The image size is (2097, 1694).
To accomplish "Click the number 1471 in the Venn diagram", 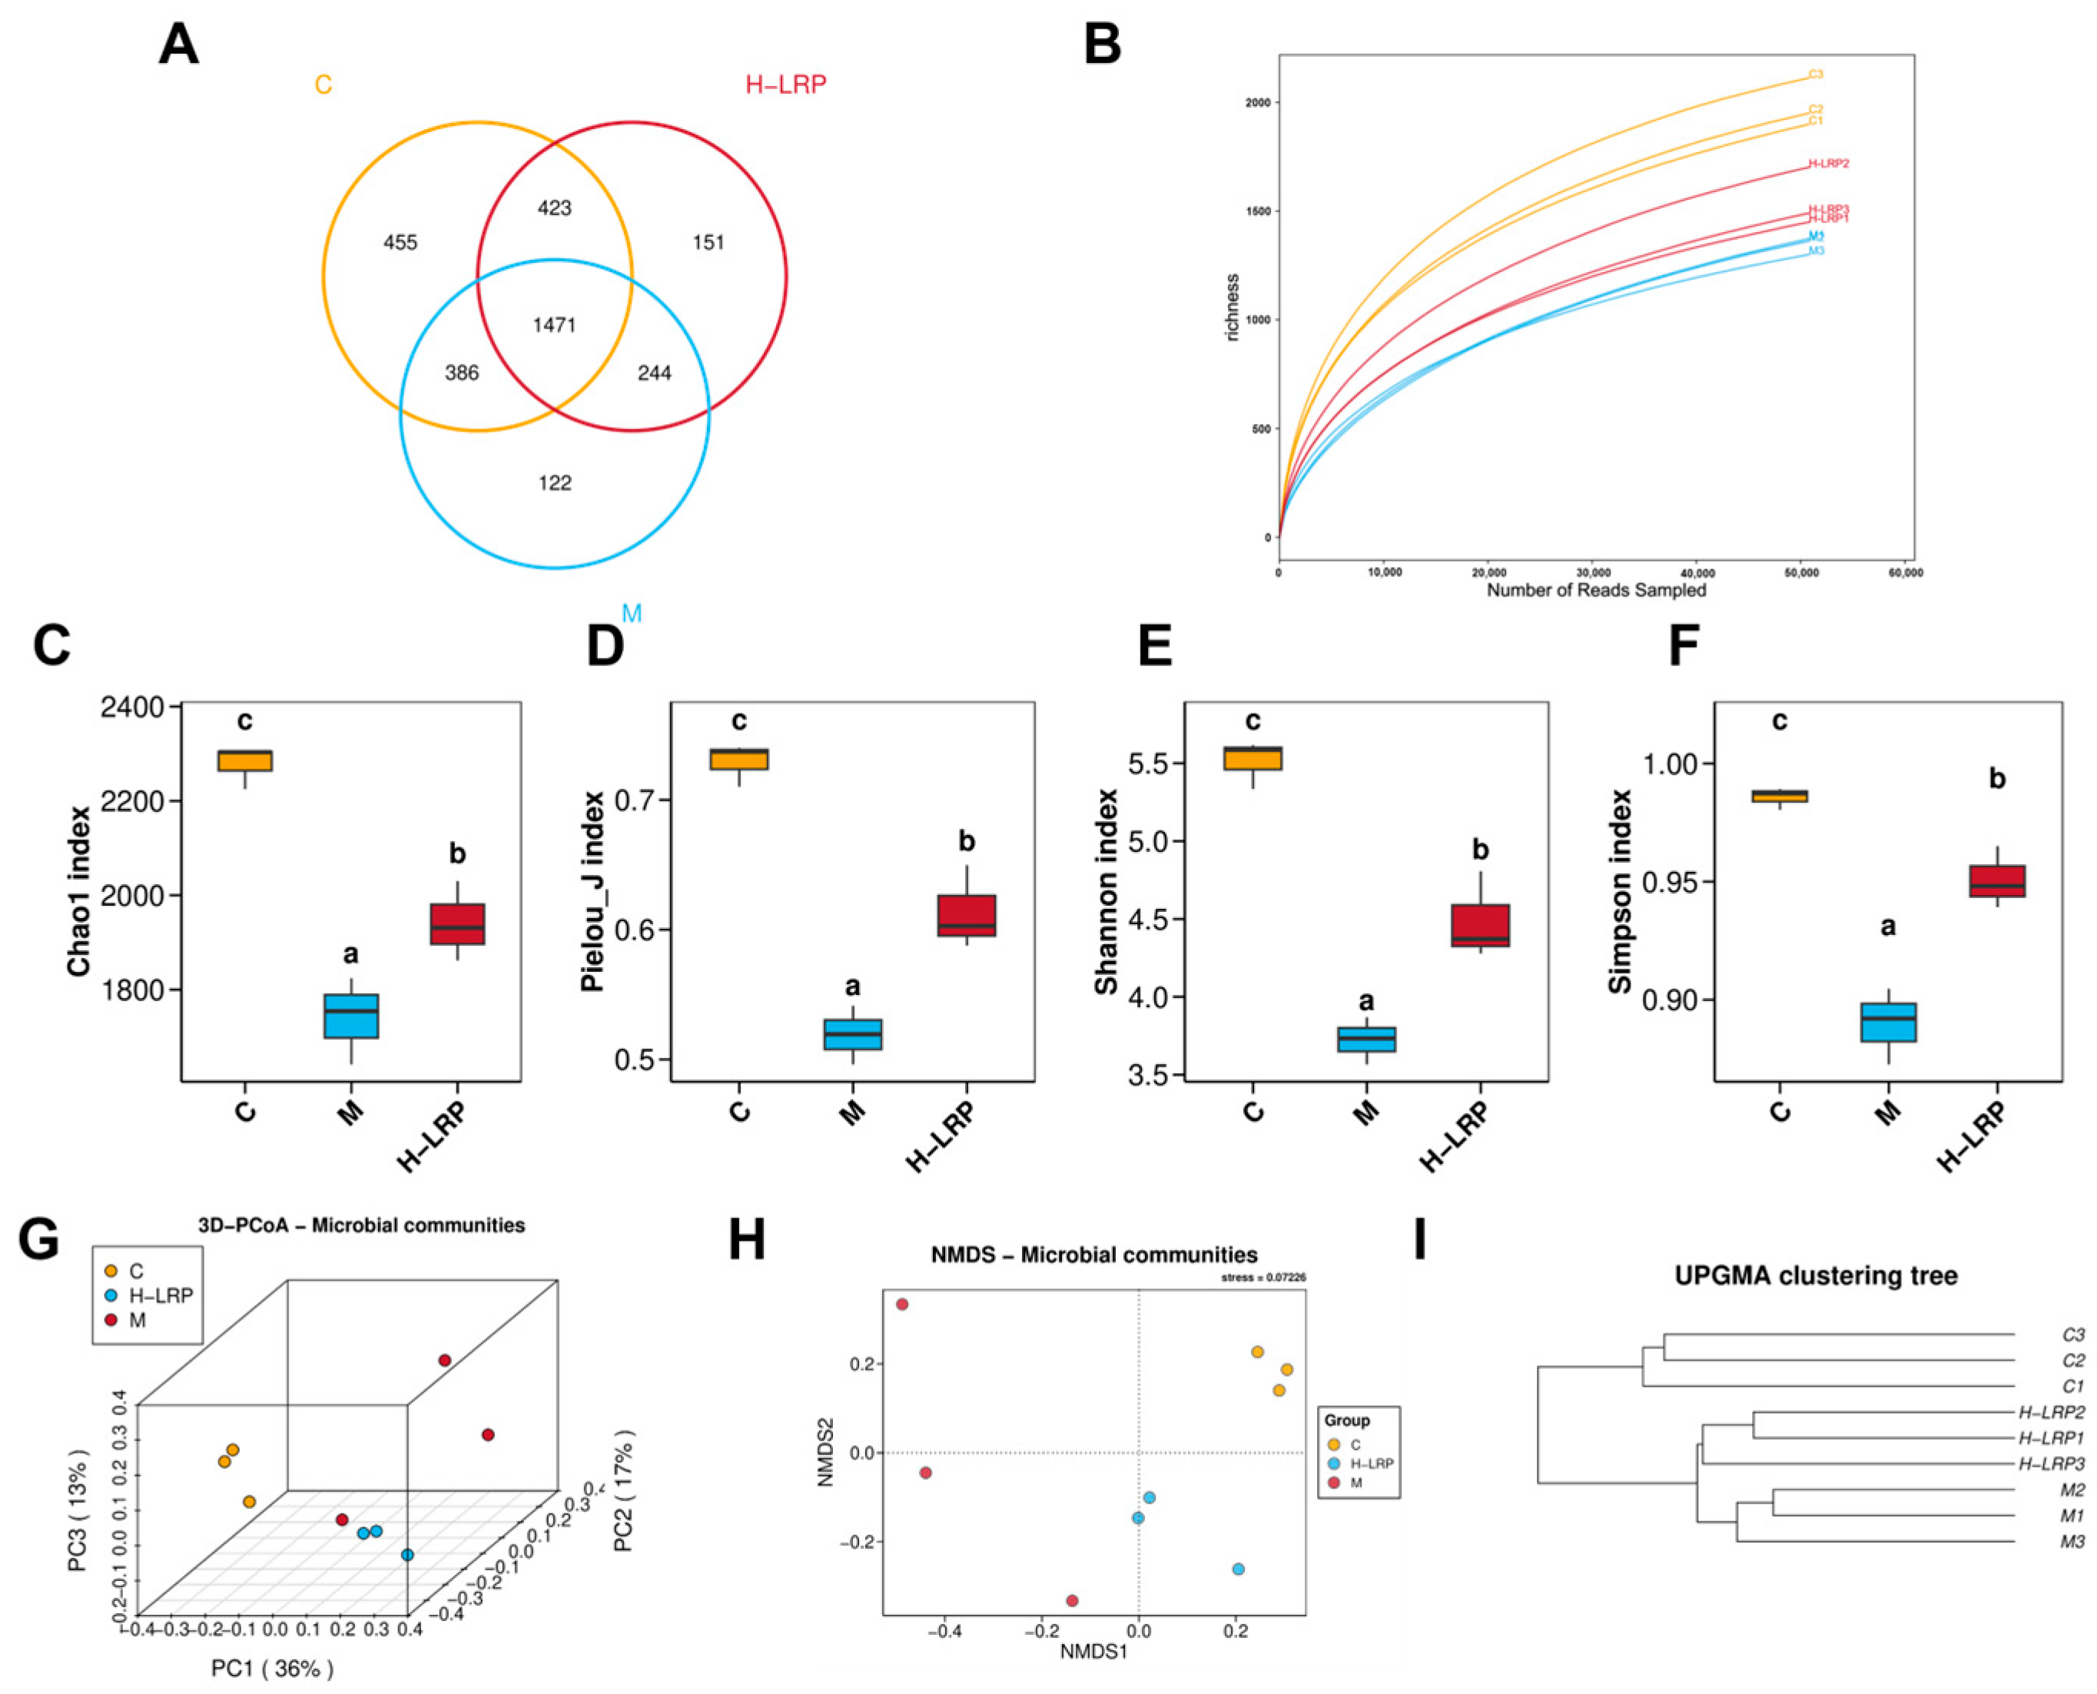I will click(553, 324).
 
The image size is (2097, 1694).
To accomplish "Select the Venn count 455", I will click(400, 242).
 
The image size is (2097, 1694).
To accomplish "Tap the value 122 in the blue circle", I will click(554, 483).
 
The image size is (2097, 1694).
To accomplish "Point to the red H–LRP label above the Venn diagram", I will click(785, 85).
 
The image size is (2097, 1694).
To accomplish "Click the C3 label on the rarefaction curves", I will click(1815, 75).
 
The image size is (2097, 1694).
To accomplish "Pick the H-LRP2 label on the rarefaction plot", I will click(1828, 164).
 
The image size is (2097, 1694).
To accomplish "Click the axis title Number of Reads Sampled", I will click(1597, 590).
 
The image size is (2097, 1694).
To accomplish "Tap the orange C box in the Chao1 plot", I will click(245, 760).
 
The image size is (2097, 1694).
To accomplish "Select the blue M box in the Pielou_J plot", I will click(853, 1034).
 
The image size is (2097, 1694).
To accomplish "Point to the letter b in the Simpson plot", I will click(1996, 780).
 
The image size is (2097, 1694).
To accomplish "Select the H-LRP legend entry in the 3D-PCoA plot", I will click(161, 1295).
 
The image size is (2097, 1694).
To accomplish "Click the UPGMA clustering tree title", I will click(1816, 1275).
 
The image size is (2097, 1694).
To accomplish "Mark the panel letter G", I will click(39, 1240).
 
